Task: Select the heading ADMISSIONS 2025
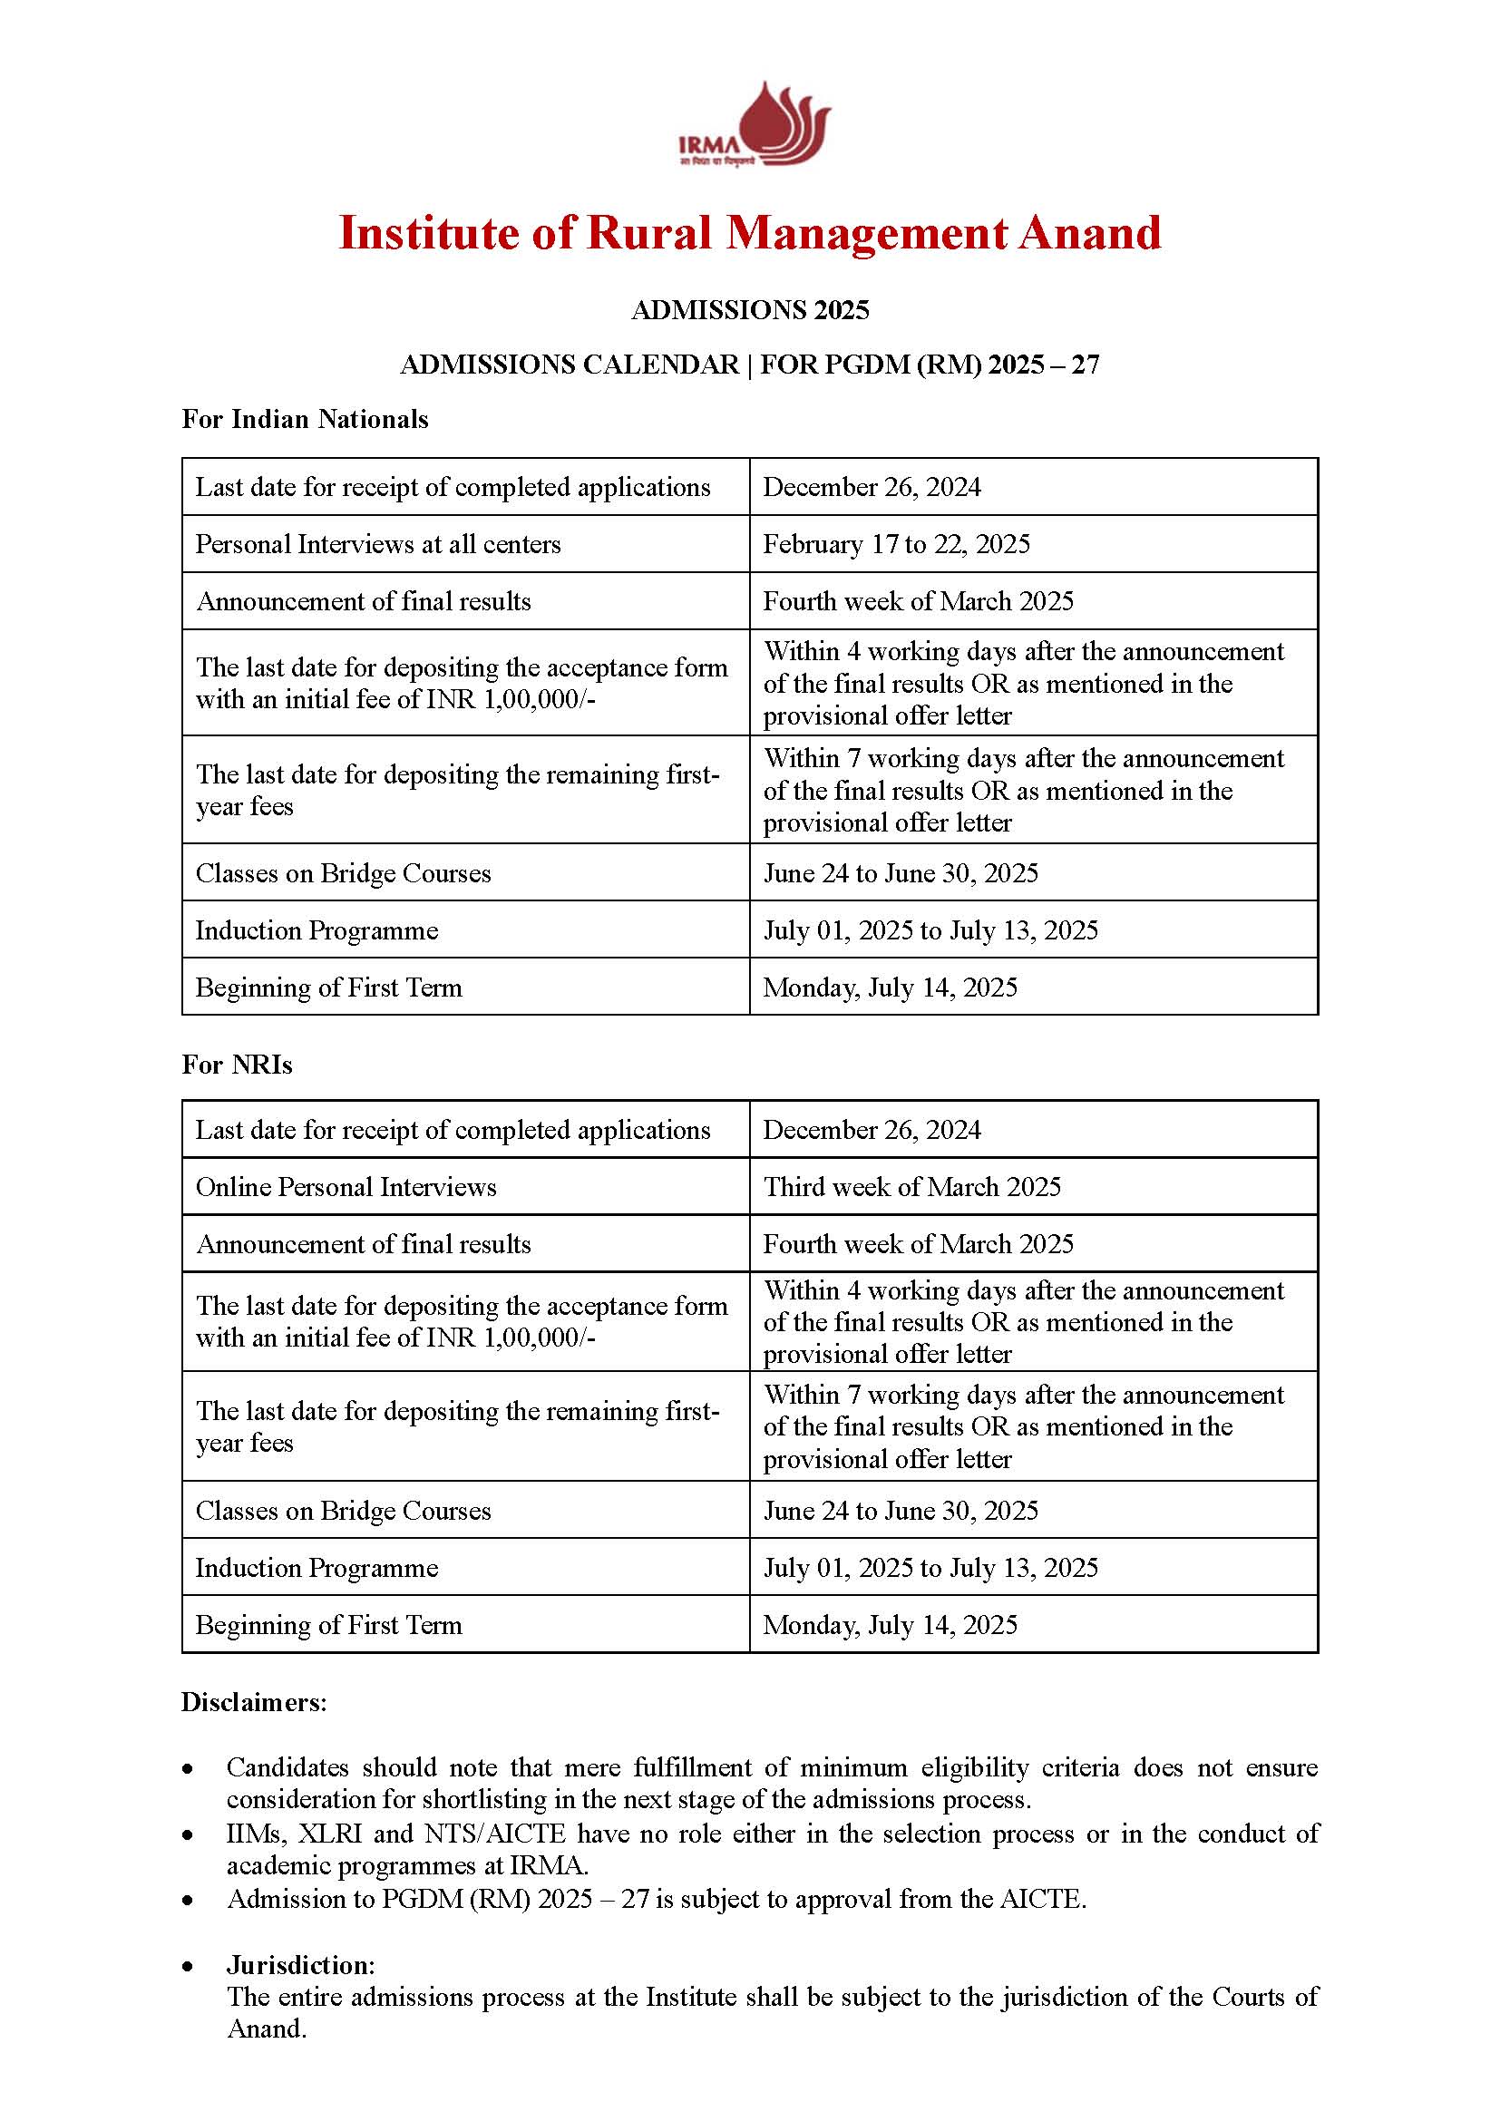pos(750,309)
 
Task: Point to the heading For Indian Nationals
pos(305,420)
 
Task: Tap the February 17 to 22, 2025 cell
pos(896,544)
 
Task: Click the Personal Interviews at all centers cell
pos(378,544)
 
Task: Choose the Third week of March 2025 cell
pos(911,1186)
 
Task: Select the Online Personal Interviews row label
pos(346,1186)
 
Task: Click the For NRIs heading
pos(237,1065)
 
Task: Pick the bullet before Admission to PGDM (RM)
pos(189,1900)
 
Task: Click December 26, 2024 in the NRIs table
pos(871,1130)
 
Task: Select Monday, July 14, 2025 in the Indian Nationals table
pos(890,988)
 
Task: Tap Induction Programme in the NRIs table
pos(316,1568)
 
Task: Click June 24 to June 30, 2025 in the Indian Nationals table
pos(900,873)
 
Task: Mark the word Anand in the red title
pos(1089,233)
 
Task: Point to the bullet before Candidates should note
pos(189,1768)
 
